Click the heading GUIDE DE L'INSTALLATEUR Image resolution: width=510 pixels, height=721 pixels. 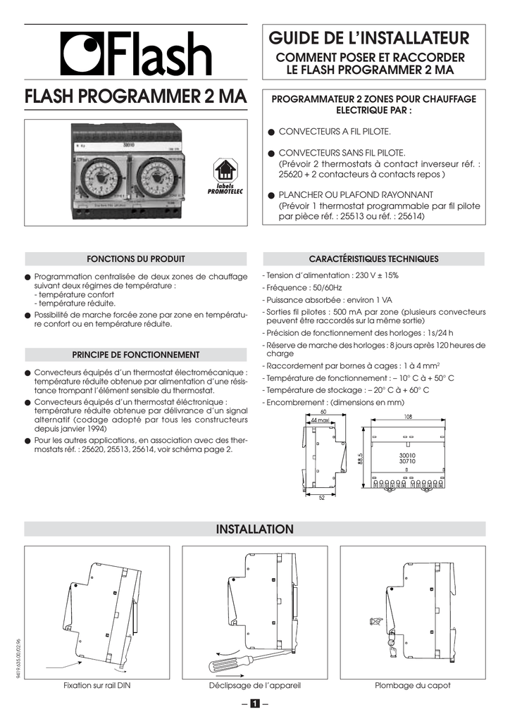pos(374,37)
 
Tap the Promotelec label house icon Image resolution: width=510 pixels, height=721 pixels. pos(225,170)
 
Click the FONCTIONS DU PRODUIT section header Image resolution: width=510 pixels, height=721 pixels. pos(135,259)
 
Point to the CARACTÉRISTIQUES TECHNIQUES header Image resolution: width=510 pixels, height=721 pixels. pos(374,259)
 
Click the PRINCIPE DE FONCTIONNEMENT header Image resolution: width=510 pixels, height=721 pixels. pos(135,355)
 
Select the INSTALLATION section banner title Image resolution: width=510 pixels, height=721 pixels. pos(254,529)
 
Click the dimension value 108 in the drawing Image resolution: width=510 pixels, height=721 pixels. pos(408,417)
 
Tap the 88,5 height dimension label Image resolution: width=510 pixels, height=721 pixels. pos(360,458)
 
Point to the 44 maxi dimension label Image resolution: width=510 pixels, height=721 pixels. pos(321,421)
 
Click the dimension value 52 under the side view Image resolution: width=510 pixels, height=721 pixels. pos(321,498)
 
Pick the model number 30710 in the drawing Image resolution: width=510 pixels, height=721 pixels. pos(407,461)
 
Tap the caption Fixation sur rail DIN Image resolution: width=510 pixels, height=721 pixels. pos(97,685)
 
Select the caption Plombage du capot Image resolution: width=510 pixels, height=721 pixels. pos(413,685)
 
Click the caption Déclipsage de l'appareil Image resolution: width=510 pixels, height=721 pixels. pos(254,685)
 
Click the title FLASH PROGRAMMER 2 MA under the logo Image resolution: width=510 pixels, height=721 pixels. pos(135,96)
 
